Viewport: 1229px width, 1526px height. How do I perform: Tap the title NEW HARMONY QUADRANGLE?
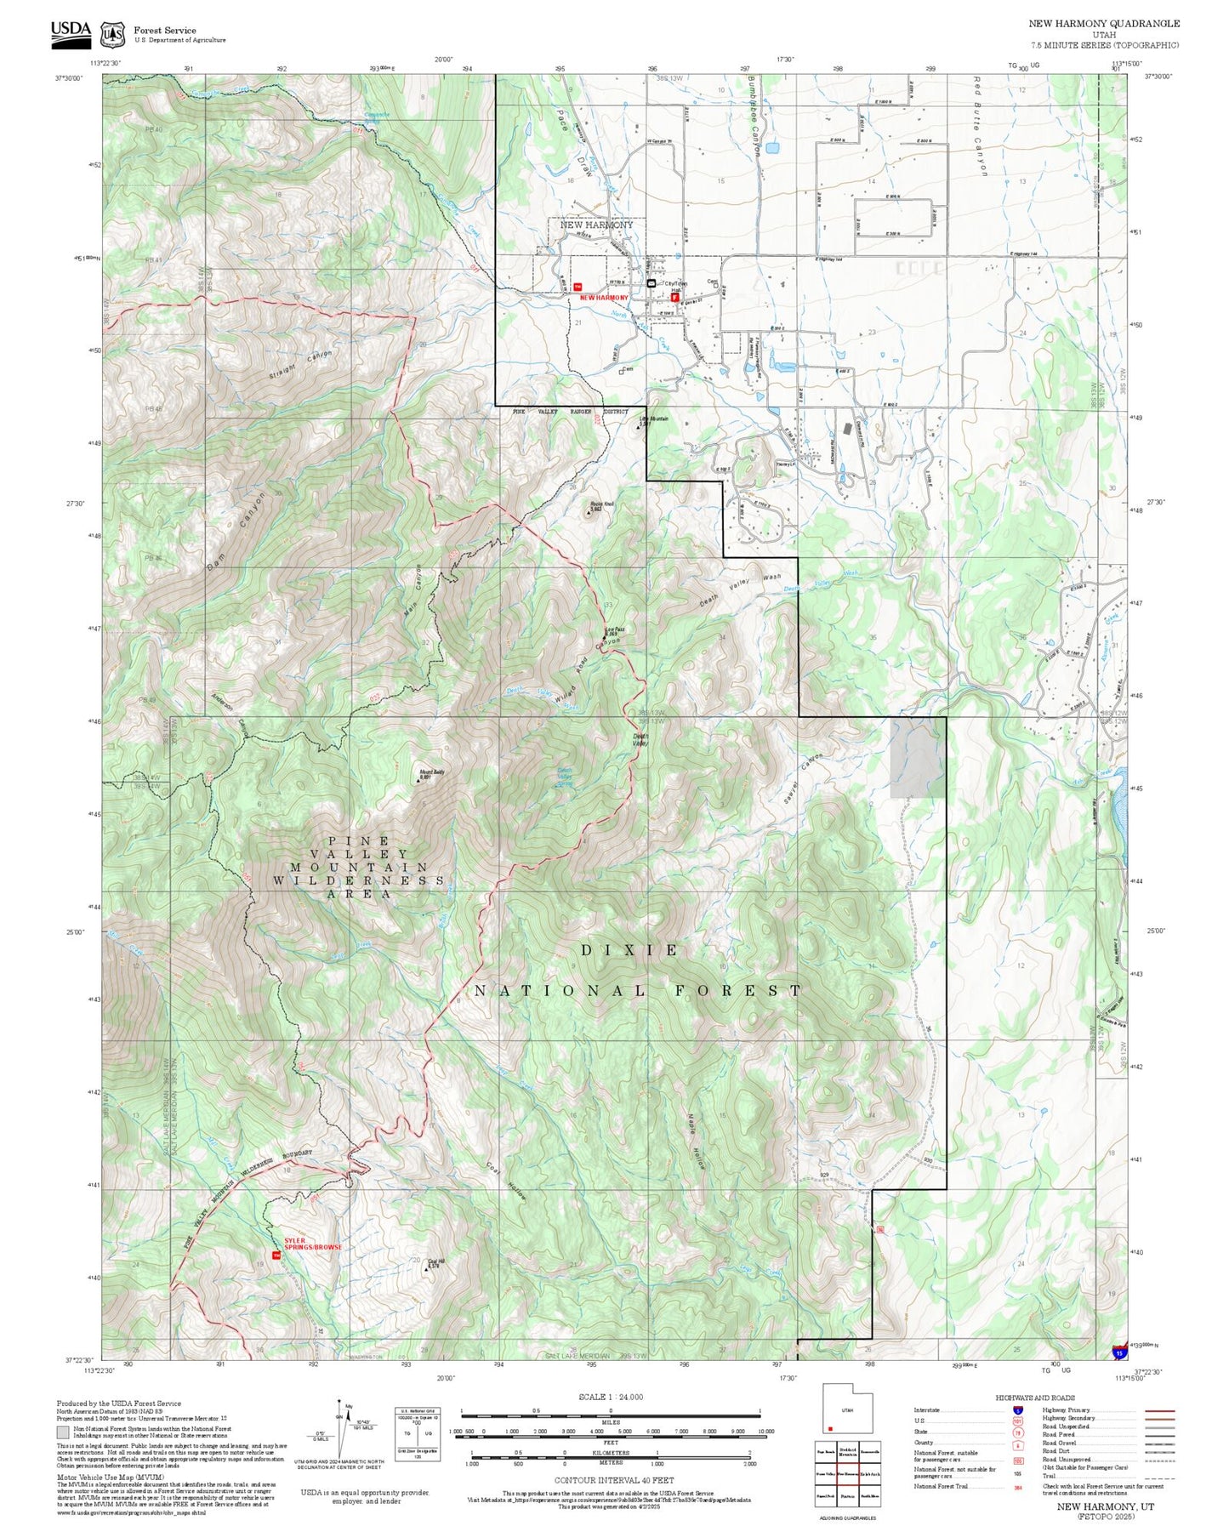pyautogui.click(x=1104, y=24)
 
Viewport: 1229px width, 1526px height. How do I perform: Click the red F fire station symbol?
pyautogui.click(x=674, y=299)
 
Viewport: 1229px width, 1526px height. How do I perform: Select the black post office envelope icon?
pyautogui.click(x=651, y=283)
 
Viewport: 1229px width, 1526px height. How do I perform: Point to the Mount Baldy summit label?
pyautogui.click(x=430, y=774)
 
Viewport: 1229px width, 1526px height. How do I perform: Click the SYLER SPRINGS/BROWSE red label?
pyautogui.click(x=312, y=1244)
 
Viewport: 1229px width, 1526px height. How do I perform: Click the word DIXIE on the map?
pyautogui.click(x=630, y=950)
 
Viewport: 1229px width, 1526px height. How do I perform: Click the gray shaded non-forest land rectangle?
pyautogui.click(x=918, y=757)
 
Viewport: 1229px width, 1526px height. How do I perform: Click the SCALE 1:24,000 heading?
pyautogui.click(x=610, y=1397)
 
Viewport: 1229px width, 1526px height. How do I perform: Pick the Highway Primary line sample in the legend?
pyautogui.click(x=1159, y=1410)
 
